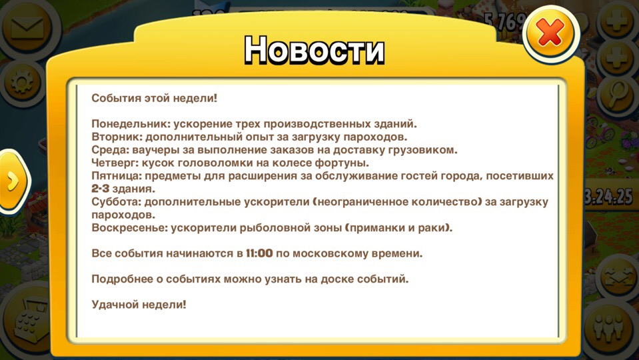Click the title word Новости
point(315,50)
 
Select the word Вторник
point(113,137)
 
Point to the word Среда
point(107,150)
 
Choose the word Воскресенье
point(128,228)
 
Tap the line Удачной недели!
point(139,305)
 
